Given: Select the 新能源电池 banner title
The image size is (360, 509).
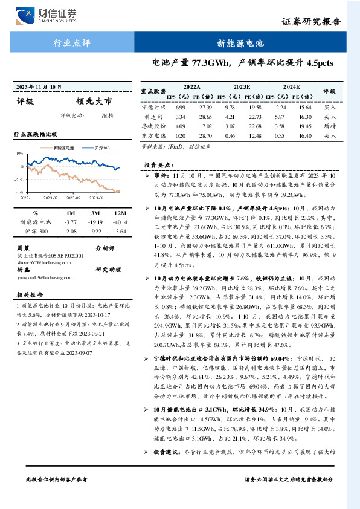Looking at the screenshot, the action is point(240,43).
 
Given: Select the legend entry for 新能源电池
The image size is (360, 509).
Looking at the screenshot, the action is point(60,148).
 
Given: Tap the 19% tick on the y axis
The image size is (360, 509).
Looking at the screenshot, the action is point(20,154).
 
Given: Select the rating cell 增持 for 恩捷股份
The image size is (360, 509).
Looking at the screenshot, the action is point(330,127).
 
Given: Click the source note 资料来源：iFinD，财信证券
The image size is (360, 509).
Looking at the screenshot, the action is point(175,147).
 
